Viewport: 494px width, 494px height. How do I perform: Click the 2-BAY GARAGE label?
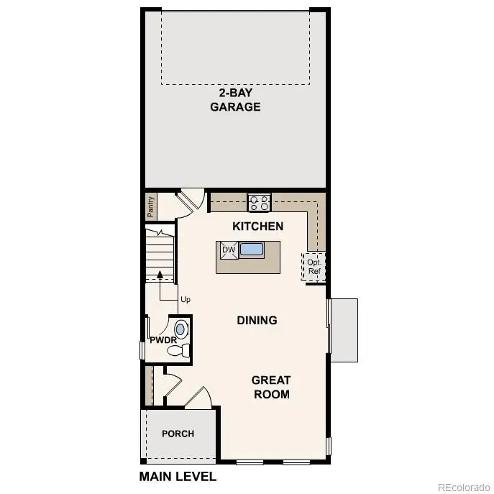pos(234,100)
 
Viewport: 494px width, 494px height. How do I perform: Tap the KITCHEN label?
pos(257,226)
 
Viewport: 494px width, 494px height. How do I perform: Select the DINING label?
pos(257,320)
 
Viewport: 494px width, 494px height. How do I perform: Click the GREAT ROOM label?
pos(271,387)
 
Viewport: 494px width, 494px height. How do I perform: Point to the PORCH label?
pos(178,434)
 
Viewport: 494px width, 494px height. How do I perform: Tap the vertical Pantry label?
pos(151,207)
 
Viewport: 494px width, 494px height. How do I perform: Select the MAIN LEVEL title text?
pos(177,476)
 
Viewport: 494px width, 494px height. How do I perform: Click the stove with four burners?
pos(259,203)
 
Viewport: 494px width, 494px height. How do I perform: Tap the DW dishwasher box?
pos(229,250)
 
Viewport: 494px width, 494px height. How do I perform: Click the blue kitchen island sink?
pos(252,250)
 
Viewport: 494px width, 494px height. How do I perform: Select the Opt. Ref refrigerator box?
pos(314,266)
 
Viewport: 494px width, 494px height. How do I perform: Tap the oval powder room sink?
pos(180,329)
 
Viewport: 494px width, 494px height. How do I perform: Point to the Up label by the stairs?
pos(186,299)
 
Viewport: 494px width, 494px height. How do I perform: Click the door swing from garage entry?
pos(190,199)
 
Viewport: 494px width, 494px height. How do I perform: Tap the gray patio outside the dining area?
pos(344,329)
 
